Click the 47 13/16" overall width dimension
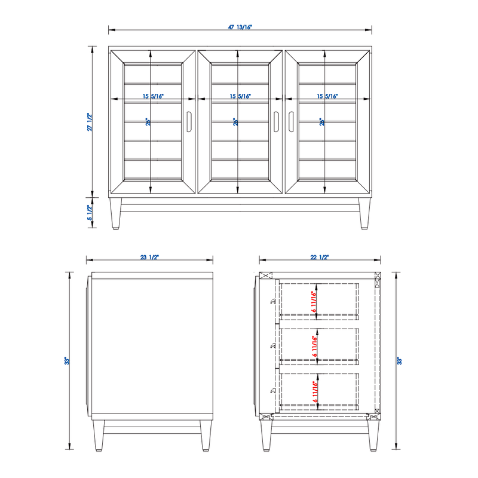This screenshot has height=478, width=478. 239,26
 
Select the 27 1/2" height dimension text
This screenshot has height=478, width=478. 90,122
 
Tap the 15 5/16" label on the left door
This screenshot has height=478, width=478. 153,96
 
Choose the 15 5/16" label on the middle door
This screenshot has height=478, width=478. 240,96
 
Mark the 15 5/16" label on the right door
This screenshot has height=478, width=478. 327,96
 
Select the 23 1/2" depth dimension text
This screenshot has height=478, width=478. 149,257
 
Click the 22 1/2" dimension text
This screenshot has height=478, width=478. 320,257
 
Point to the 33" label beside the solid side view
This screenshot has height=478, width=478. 69,361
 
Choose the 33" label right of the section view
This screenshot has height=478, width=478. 399,361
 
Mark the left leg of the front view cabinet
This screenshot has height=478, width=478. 115,213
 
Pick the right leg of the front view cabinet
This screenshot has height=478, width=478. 364,213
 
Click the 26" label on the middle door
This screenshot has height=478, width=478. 235,122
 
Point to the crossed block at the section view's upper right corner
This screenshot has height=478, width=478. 376,278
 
